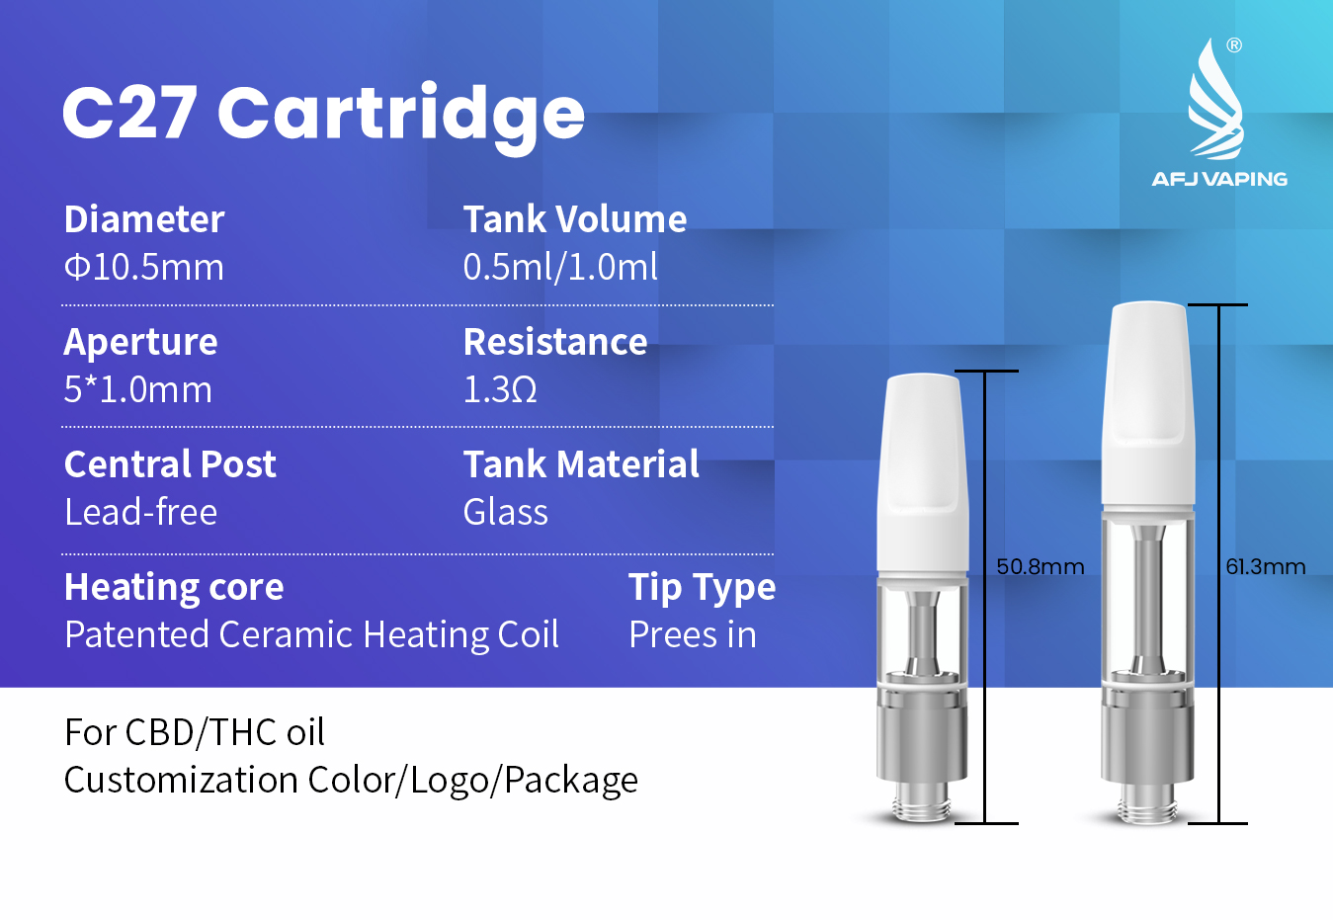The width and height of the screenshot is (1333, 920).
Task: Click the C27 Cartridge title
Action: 323,116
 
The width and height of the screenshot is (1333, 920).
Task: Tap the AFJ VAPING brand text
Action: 1219,179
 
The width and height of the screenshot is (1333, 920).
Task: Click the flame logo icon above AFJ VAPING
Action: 1215,100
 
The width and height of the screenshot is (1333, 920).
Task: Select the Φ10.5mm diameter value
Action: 144,267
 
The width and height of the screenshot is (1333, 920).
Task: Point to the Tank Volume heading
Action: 575,219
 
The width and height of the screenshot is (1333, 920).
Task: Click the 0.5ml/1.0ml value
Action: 560,266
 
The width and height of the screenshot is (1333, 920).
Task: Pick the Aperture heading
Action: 140,343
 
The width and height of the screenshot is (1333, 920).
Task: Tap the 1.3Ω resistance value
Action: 500,389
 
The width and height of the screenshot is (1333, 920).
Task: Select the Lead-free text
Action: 140,512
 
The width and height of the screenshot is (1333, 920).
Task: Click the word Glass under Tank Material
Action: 505,512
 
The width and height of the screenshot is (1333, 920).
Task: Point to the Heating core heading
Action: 174,588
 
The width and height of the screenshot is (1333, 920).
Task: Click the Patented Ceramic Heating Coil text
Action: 311,635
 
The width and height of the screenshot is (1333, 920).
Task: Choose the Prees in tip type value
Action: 693,634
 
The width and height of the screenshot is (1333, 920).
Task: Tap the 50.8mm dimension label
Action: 1041,566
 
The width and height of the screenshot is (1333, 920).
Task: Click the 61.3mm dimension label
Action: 1266,566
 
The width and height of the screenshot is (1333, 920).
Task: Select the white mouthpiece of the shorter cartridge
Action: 922,473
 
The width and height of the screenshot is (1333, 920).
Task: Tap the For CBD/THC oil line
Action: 194,732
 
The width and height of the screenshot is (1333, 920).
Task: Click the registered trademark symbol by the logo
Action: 1234,45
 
